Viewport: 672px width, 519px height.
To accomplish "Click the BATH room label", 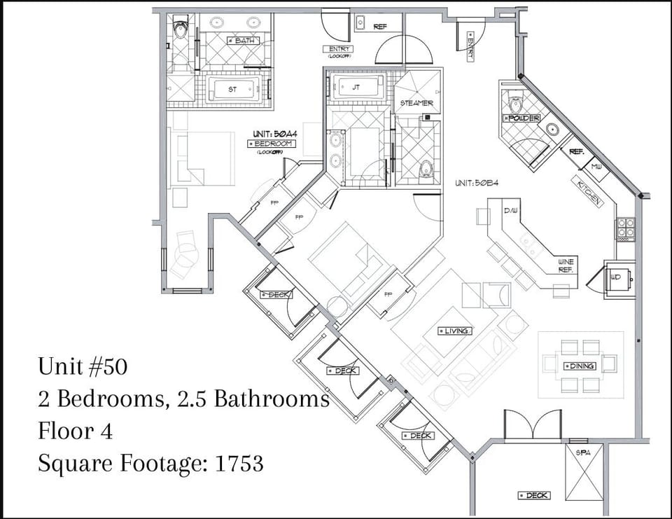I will [x=244, y=41].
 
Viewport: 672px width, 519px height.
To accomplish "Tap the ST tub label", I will [x=233, y=89].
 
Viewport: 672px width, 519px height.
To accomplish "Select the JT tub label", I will [x=356, y=88].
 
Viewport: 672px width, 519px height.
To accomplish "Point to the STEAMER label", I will [x=416, y=103].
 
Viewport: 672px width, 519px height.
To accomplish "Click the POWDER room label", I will [x=521, y=118].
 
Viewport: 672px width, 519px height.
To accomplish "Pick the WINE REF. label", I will [x=566, y=265].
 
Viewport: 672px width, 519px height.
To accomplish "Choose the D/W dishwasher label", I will [x=510, y=210].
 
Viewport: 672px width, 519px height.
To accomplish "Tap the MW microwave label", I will [x=596, y=167].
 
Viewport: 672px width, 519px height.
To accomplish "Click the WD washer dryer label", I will [x=616, y=277].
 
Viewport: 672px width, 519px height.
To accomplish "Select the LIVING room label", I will [x=454, y=331].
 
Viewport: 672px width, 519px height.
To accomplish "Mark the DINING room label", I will [x=580, y=366].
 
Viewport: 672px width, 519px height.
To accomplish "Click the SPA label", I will [x=583, y=452].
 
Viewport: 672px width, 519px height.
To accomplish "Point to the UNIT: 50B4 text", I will [x=476, y=183].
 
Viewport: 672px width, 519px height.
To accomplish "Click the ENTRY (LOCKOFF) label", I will [x=337, y=50].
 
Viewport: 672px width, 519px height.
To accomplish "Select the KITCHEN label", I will [x=589, y=192].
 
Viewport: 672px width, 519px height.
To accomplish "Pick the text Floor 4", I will [x=75, y=431].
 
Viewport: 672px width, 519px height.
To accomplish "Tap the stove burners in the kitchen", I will [x=625, y=227].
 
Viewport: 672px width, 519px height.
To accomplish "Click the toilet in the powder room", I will [x=517, y=104].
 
